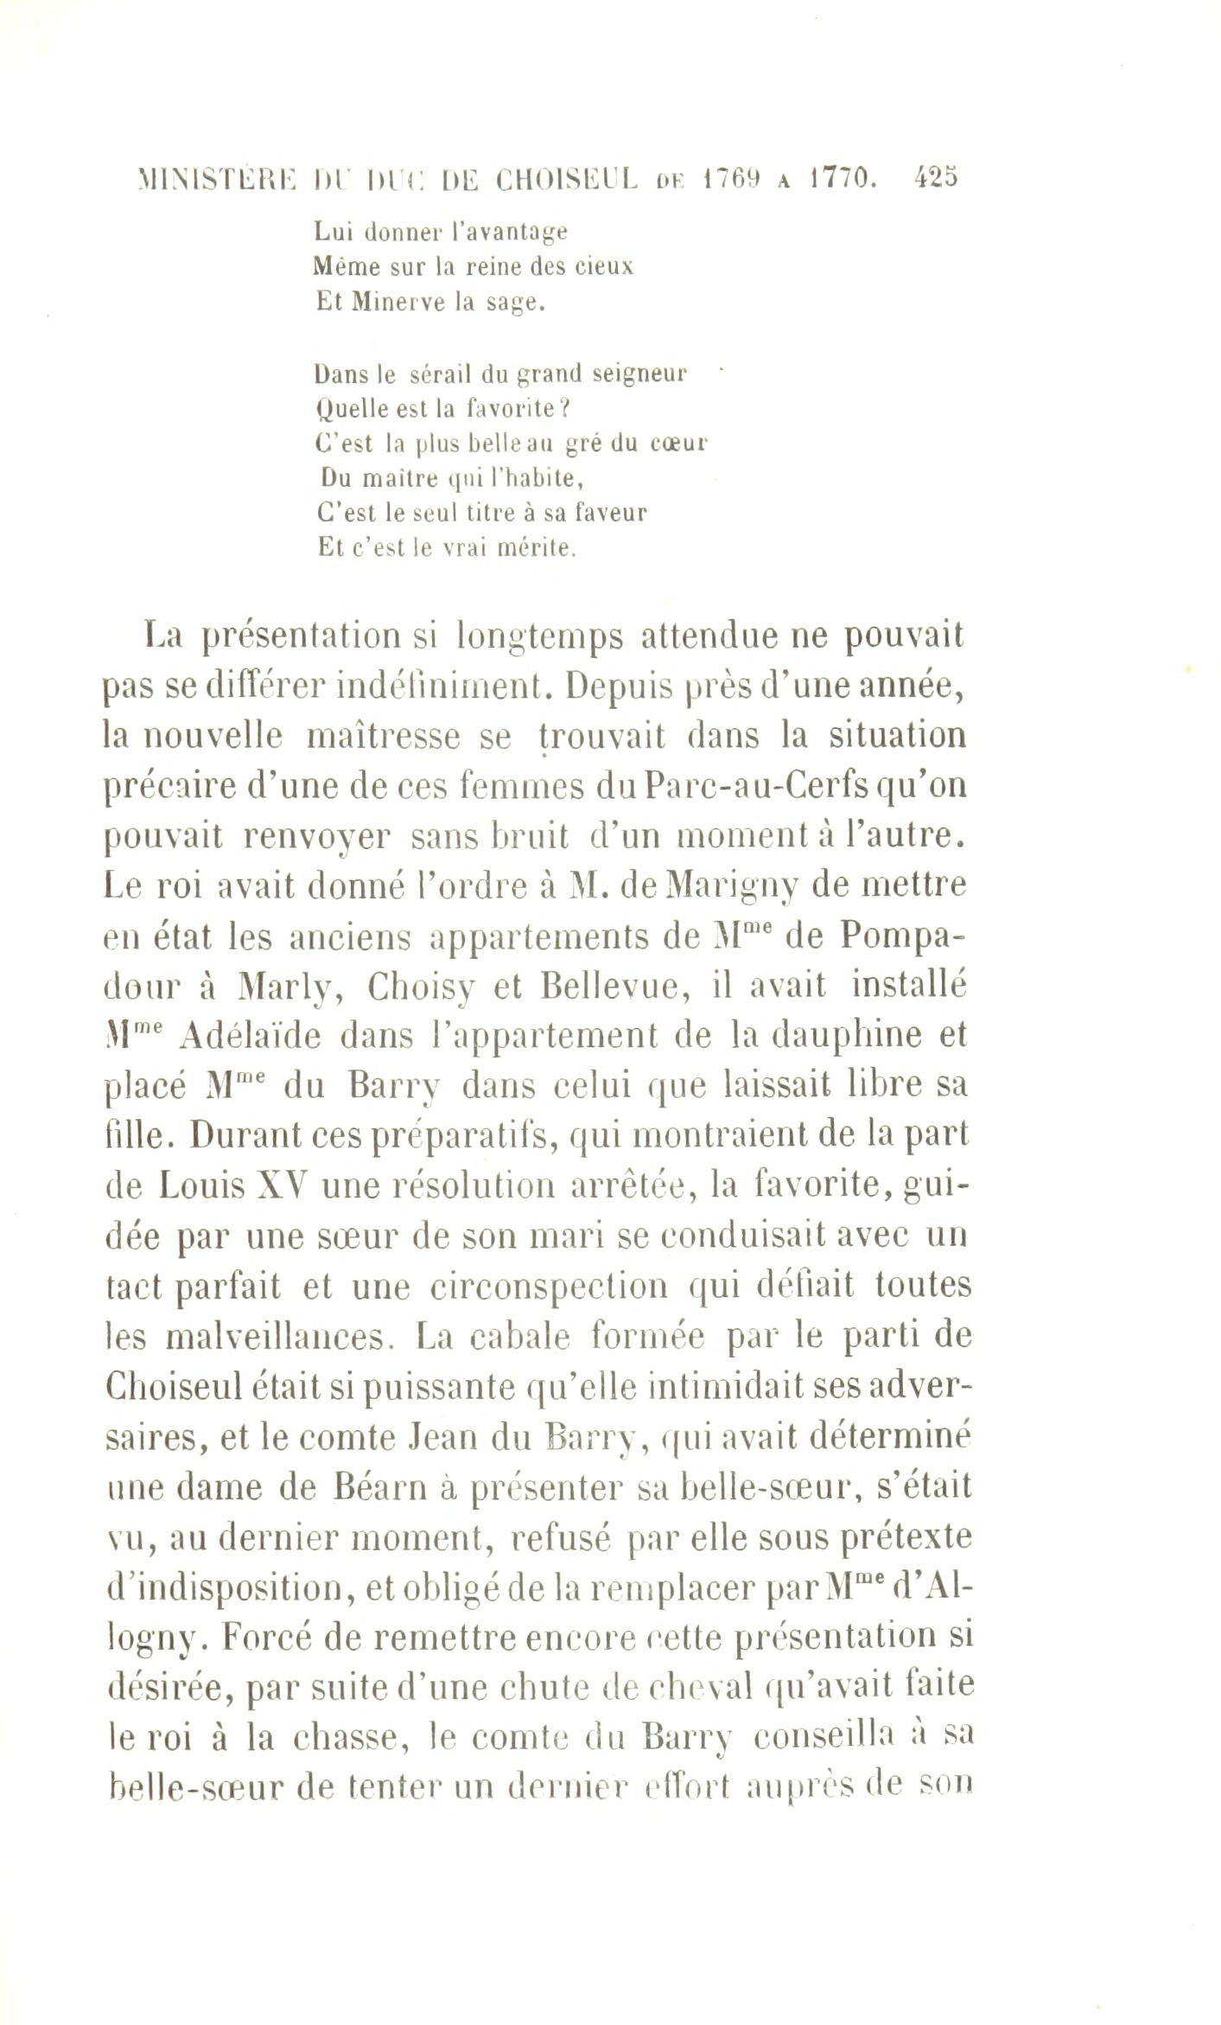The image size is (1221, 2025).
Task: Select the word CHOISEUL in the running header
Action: click(567, 180)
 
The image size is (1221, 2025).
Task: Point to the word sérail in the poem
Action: click(443, 374)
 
